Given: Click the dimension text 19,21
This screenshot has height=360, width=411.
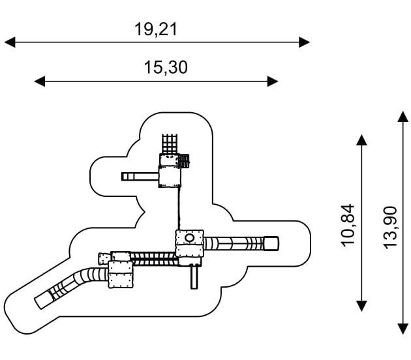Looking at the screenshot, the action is (x=156, y=29).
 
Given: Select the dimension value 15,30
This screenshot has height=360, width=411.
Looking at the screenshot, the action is (x=166, y=67).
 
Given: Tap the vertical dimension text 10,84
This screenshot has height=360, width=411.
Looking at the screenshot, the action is (x=348, y=226).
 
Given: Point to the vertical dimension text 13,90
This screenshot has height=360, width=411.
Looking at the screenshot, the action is (x=390, y=228).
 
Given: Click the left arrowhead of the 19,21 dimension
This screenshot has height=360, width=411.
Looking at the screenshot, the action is (x=10, y=42).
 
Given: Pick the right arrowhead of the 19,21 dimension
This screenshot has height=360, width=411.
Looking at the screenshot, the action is (x=305, y=42).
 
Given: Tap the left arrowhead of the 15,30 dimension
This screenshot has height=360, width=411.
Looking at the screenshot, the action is (x=40, y=82).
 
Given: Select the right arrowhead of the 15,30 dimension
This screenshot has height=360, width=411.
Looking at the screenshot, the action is (x=273, y=82).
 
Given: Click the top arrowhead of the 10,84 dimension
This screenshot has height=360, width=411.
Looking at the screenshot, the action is (x=361, y=140).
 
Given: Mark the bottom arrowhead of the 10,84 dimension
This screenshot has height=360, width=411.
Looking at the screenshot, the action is (x=361, y=306).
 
